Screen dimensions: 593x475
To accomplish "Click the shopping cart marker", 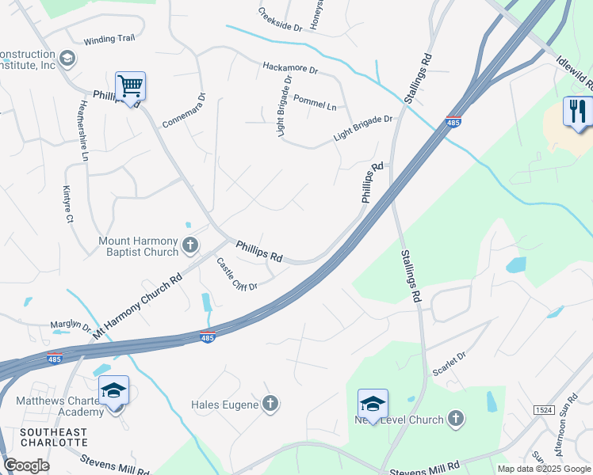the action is pyautogui.click(x=130, y=85).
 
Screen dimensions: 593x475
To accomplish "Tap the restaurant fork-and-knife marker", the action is pyautogui.click(x=578, y=111).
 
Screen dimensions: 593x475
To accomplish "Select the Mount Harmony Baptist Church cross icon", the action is pyautogui.click(x=189, y=245).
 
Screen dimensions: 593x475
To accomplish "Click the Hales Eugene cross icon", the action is pyautogui.click(x=270, y=405).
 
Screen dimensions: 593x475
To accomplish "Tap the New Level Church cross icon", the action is pyautogui.click(x=455, y=419).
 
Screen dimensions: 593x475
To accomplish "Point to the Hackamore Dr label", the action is pyautogui.click(x=290, y=69).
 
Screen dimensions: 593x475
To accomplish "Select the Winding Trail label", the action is pyautogui.click(x=110, y=40).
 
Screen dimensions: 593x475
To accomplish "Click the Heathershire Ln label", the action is pyautogui.click(x=82, y=131).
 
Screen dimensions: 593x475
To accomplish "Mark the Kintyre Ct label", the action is pyautogui.click(x=68, y=203).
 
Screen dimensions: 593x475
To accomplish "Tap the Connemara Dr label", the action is pyautogui.click(x=184, y=111).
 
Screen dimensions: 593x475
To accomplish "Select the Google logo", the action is pyautogui.click(x=26, y=465).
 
